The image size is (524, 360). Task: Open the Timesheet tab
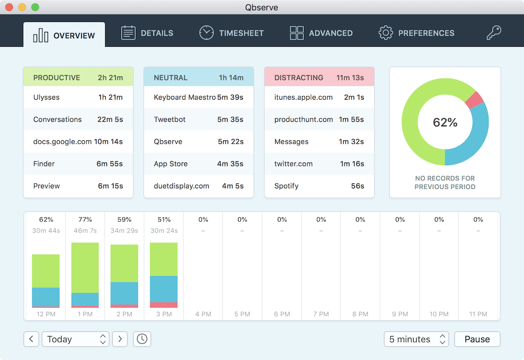coord(231,33)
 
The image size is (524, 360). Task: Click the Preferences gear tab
coord(416,33)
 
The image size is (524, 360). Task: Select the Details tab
coord(147,33)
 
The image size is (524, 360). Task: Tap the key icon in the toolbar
coord(494,33)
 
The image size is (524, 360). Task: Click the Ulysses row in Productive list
coord(78,97)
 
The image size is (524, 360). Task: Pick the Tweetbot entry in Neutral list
coord(198,119)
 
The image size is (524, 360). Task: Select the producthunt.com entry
coord(319,119)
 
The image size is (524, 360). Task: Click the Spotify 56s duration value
coord(357,186)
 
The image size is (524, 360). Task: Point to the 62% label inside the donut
coord(445,123)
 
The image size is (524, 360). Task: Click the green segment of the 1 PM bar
coord(85,267)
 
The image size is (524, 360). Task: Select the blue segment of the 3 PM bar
coord(164,289)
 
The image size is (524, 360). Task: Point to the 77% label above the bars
coord(85,219)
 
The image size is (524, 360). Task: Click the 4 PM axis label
coord(203,314)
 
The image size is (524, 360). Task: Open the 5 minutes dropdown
coord(416,339)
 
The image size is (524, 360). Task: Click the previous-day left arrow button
coord(31,339)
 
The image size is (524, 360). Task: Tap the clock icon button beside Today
coord(142,339)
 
